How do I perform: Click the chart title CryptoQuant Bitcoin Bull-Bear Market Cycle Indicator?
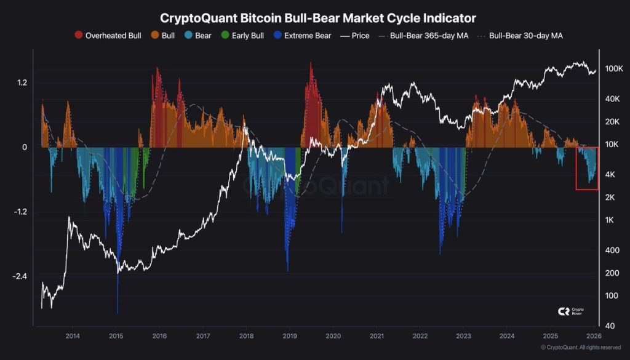tap(317, 18)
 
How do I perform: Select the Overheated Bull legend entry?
tap(108, 36)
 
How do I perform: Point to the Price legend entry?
tap(355, 36)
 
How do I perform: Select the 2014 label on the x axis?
tap(73, 336)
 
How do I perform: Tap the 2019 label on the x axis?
tap(290, 336)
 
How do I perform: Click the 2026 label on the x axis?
tap(594, 336)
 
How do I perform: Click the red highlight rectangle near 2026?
tap(587, 168)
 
